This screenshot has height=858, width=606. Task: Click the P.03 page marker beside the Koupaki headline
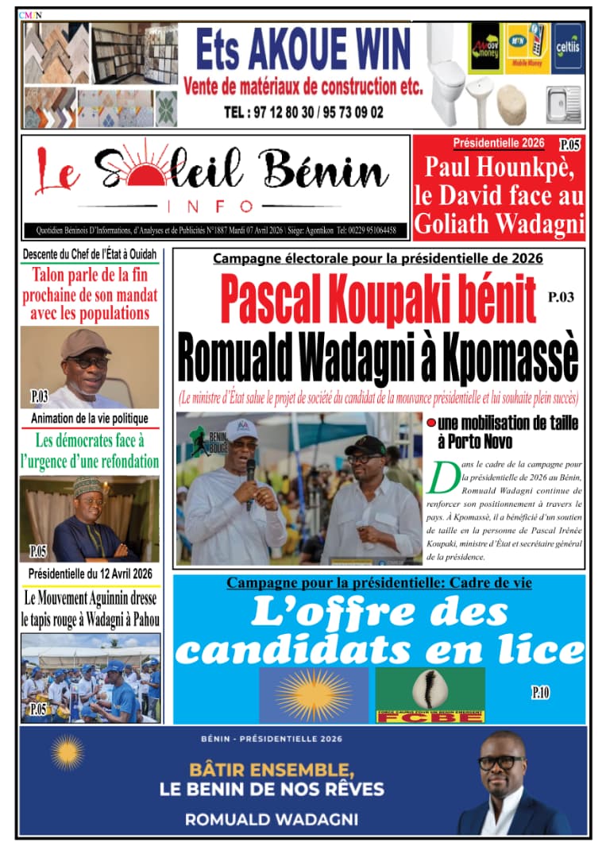pos(559,298)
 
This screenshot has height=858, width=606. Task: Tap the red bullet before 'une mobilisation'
pos(431,423)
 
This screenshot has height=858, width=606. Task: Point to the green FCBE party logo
pos(430,694)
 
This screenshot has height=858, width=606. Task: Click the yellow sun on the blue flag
pos(313,694)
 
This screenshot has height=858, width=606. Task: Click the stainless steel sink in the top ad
pos(563,103)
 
